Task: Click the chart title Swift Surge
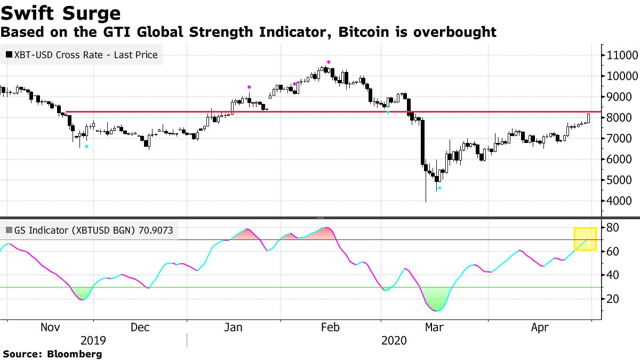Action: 60,13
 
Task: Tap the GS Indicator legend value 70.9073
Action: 157,231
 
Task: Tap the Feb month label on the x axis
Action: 327,327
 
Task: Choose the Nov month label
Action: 51,327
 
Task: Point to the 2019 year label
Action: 93,340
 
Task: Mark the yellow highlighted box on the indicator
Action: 585,239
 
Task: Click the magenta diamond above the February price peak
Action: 329,62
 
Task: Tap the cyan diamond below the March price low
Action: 439,188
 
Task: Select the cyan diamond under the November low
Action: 87,146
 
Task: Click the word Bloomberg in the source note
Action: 74,354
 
